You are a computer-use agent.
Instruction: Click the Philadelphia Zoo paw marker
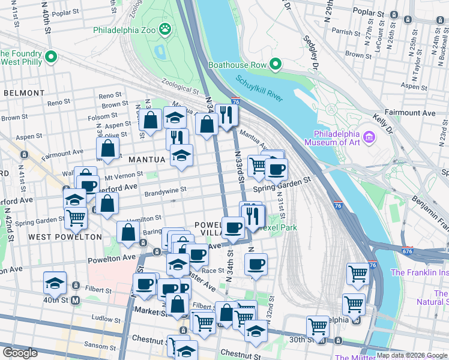[x=164, y=28]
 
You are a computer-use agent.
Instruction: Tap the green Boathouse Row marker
[x=276, y=64]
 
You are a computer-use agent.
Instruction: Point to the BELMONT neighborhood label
[x=24, y=93]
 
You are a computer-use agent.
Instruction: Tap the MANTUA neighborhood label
[x=146, y=160]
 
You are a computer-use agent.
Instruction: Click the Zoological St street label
[x=180, y=87]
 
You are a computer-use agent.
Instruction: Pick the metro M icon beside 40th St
[x=76, y=299]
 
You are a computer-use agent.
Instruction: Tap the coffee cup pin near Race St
[x=256, y=264]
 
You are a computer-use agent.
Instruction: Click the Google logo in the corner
[x=20, y=353]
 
